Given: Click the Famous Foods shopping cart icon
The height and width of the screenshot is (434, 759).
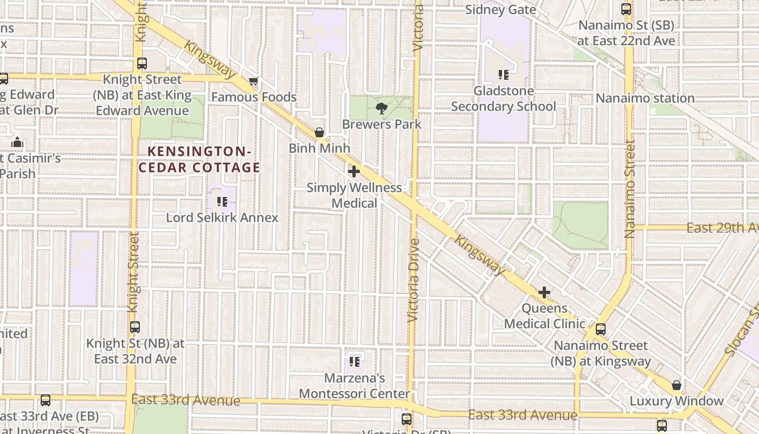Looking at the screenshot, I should coord(253,82).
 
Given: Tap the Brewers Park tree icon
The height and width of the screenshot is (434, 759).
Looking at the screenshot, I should coord(382,109).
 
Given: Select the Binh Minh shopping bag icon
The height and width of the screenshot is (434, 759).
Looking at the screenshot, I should coord(320,132).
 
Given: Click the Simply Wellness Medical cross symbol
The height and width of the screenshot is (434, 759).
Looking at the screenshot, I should coord(354,172).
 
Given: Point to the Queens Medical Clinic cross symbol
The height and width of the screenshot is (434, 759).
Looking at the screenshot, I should coord(544,293).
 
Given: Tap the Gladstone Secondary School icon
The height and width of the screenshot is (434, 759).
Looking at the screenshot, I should coord(504,75).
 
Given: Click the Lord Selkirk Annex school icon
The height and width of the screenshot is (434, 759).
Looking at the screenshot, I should coord(222,202).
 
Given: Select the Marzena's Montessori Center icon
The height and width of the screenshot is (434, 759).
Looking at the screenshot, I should coord(355,361).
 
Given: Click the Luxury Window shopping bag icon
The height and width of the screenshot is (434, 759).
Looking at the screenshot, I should coord(677,385).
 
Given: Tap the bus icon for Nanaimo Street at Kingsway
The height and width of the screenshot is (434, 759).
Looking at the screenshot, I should coord(601,329).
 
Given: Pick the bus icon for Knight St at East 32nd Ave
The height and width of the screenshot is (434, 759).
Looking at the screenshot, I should coord(135,327).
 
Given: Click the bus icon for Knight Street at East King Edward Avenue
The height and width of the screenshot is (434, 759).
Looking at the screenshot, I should coord(142,63).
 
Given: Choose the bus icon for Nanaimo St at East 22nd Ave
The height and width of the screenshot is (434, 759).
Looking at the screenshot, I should coord(626,9).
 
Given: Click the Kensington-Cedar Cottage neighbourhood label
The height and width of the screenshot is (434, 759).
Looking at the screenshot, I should coord(199,159).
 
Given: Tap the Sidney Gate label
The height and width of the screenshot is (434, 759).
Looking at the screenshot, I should coord(500,10).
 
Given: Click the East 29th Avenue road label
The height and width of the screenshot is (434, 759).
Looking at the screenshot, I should coord(722,228).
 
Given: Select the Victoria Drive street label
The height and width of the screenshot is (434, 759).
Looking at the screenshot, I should coord(414,280).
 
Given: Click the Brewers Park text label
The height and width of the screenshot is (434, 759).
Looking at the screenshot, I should coord(382,124).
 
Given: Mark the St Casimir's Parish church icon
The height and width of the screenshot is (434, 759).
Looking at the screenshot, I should coord(17,143).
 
